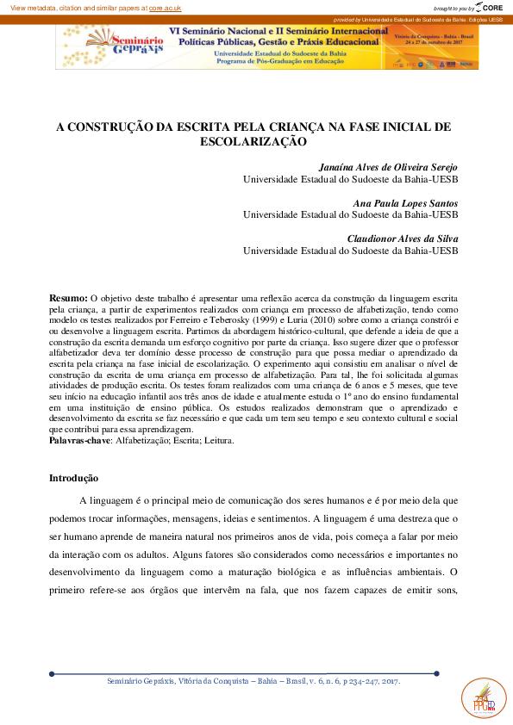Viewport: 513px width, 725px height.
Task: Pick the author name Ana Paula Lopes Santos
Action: [x=405, y=202]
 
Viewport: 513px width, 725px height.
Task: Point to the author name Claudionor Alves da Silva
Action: [x=402, y=238]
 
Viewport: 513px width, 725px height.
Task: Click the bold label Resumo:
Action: [x=68, y=296]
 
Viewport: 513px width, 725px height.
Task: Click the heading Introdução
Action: [x=73, y=478]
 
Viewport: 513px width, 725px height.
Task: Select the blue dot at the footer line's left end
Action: [x=52, y=673]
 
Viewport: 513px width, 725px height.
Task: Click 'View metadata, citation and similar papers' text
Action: [x=74, y=7]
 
